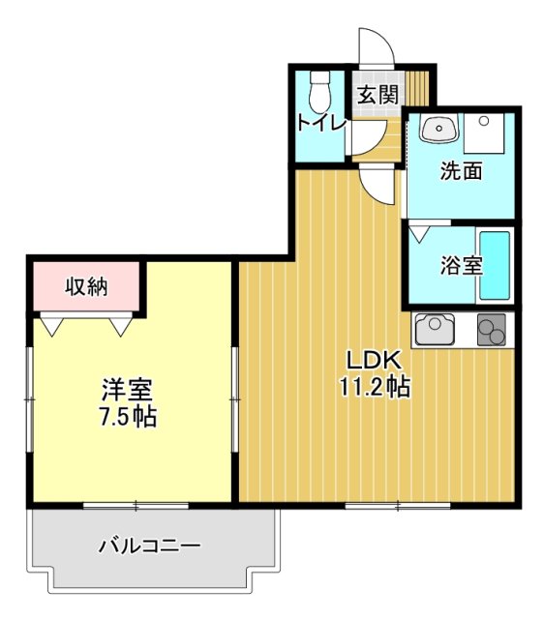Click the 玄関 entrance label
377,95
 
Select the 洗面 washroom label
461,172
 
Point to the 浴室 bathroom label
461,264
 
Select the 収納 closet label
87,286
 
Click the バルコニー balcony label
150,546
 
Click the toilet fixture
318,92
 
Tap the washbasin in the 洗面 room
440,130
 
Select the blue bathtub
496,264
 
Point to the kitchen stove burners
492,332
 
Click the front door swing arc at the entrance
377,44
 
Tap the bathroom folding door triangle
419,232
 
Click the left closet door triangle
52,325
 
